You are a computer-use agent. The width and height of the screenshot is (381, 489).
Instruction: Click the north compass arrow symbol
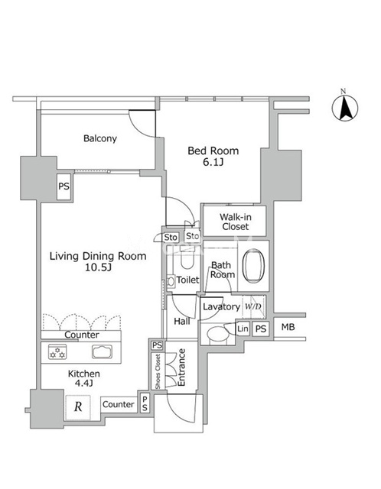(345, 108)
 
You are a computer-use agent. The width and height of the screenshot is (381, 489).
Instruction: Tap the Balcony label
(100, 138)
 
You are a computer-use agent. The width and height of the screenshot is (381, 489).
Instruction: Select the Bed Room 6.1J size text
(213, 162)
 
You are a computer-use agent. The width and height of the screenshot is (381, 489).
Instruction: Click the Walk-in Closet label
(235, 222)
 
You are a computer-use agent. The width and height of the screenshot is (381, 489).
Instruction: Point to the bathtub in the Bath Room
(253, 266)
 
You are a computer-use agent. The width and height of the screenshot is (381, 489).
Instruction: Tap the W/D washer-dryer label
(253, 306)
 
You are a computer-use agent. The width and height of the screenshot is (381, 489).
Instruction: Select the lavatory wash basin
(218, 334)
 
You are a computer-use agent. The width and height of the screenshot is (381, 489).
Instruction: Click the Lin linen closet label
(243, 329)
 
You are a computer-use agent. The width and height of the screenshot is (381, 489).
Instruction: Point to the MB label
(288, 327)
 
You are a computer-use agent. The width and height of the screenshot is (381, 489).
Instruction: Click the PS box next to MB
(261, 329)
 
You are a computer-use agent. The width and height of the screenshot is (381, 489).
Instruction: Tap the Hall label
(182, 321)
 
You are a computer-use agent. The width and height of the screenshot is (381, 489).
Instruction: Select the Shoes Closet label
(158, 371)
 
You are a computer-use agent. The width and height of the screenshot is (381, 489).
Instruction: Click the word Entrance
(181, 368)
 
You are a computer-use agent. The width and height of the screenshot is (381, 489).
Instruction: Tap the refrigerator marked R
(78, 407)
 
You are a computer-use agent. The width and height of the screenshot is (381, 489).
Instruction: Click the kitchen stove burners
(57, 351)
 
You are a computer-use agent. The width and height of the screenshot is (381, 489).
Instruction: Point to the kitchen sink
(102, 351)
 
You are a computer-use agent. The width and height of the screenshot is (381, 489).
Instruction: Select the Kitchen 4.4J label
(84, 378)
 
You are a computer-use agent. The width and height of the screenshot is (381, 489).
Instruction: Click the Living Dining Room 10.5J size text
(98, 267)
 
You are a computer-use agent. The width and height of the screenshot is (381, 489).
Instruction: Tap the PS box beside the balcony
(64, 186)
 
